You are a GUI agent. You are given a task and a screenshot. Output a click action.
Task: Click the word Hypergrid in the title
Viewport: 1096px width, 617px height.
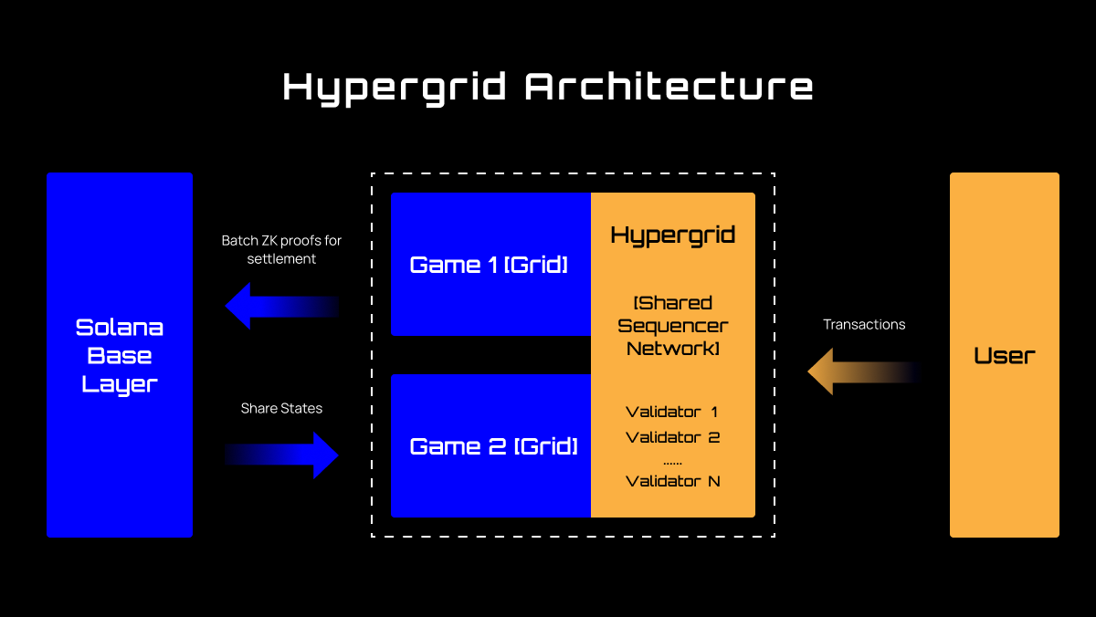click(394, 88)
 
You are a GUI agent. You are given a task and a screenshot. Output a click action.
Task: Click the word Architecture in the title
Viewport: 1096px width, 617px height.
click(669, 88)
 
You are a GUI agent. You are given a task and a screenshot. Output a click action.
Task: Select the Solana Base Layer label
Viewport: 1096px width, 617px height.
click(120, 355)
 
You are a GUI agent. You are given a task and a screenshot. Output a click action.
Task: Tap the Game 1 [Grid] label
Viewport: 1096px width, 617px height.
click(489, 265)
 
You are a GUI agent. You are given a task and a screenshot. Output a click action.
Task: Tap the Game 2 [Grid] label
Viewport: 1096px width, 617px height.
click(493, 446)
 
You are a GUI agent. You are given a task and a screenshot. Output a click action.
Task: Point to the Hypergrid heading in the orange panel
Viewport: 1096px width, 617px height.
click(673, 235)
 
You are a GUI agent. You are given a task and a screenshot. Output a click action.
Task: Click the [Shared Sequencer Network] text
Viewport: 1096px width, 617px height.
click(673, 325)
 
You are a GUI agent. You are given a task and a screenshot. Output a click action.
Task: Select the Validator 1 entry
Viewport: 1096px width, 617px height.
click(672, 413)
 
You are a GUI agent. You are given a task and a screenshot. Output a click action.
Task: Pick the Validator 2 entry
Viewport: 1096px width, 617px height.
click(673, 437)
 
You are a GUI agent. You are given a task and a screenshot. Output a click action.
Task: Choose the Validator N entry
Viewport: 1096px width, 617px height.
click(673, 481)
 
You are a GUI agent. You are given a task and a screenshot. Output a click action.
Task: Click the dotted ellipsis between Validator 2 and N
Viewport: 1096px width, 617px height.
click(673, 462)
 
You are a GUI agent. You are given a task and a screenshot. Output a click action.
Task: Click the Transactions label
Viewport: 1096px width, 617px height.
click(864, 324)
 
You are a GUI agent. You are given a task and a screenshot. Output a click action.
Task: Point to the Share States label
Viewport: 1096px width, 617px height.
click(281, 408)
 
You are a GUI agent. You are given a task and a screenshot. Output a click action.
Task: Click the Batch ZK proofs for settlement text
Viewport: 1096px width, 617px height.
click(281, 249)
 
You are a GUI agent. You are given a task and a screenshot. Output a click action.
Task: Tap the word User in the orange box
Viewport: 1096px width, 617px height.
click(1005, 355)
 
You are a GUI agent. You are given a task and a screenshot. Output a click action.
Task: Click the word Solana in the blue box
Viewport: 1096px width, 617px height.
click(120, 327)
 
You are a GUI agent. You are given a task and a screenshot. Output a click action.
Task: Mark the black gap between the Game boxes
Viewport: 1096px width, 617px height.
click(490, 354)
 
